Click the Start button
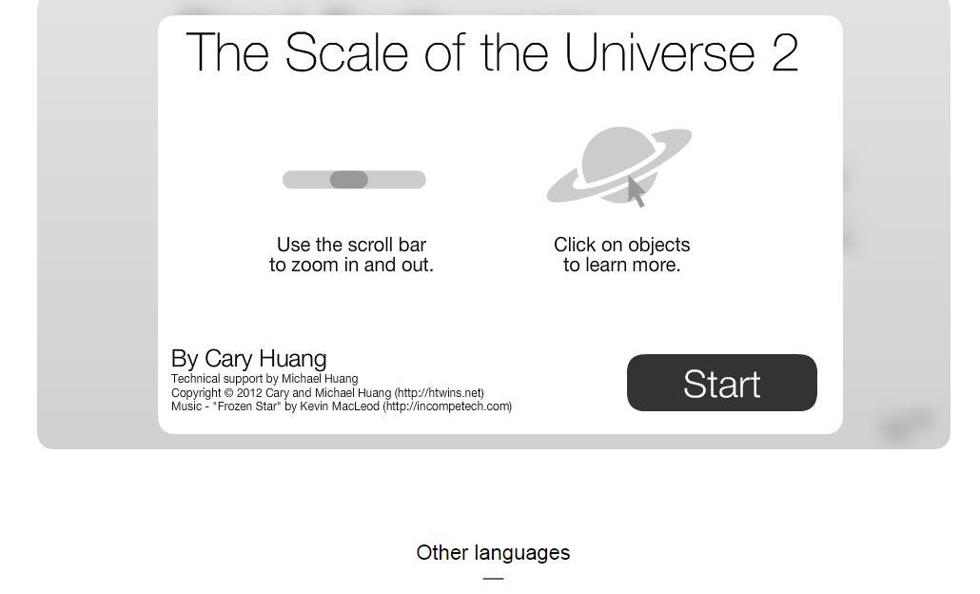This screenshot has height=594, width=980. pyautogui.click(x=722, y=383)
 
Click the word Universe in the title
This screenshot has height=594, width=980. pyautogui.click(x=660, y=53)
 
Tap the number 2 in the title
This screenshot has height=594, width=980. pyautogui.click(x=785, y=53)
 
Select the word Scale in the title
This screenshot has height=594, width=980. pyautogui.click(x=347, y=53)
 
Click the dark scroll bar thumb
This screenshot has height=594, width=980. pyautogui.click(x=349, y=180)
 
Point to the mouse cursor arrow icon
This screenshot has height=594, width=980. pyautogui.click(x=636, y=191)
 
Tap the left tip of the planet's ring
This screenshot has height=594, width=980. pyautogui.click(x=548, y=198)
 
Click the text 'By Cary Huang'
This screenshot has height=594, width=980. pyautogui.click(x=248, y=359)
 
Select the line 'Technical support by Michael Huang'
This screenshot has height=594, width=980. pyautogui.click(x=265, y=379)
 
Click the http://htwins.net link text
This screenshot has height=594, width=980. pyautogui.click(x=439, y=393)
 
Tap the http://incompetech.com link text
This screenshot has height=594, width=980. pyautogui.click(x=447, y=406)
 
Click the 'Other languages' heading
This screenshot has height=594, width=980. pyautogui.click(x=493, y=553)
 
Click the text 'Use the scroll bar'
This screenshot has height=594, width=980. pyautogui.click(x=351, y=245)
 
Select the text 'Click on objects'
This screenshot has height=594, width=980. pyautogui.click(x=622, y=245)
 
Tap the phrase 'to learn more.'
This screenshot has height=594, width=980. pyautogui.click(x=622, y=266)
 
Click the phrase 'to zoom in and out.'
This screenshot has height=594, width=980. pyautogui.click(x=351, y=266)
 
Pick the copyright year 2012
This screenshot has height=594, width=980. pyautogui.click(x=249, y=393)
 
